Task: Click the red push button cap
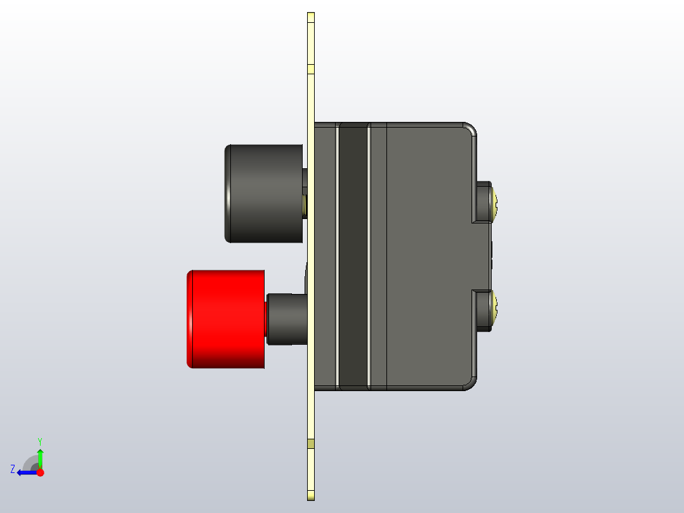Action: coord(225,319)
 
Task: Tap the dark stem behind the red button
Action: coord(286,319)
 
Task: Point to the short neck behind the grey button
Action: coord(305,194)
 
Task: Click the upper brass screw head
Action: coord(496,202)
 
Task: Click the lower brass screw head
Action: coord(496,310)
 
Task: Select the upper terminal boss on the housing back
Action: coord(482,202)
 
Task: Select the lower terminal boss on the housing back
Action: coord(482,310)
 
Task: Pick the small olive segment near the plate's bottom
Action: coord(311,443)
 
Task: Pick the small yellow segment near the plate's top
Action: coord(311,69)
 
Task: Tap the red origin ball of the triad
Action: coord(40,472)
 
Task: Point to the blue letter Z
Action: coord(13,469)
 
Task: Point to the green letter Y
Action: coord(40,441)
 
